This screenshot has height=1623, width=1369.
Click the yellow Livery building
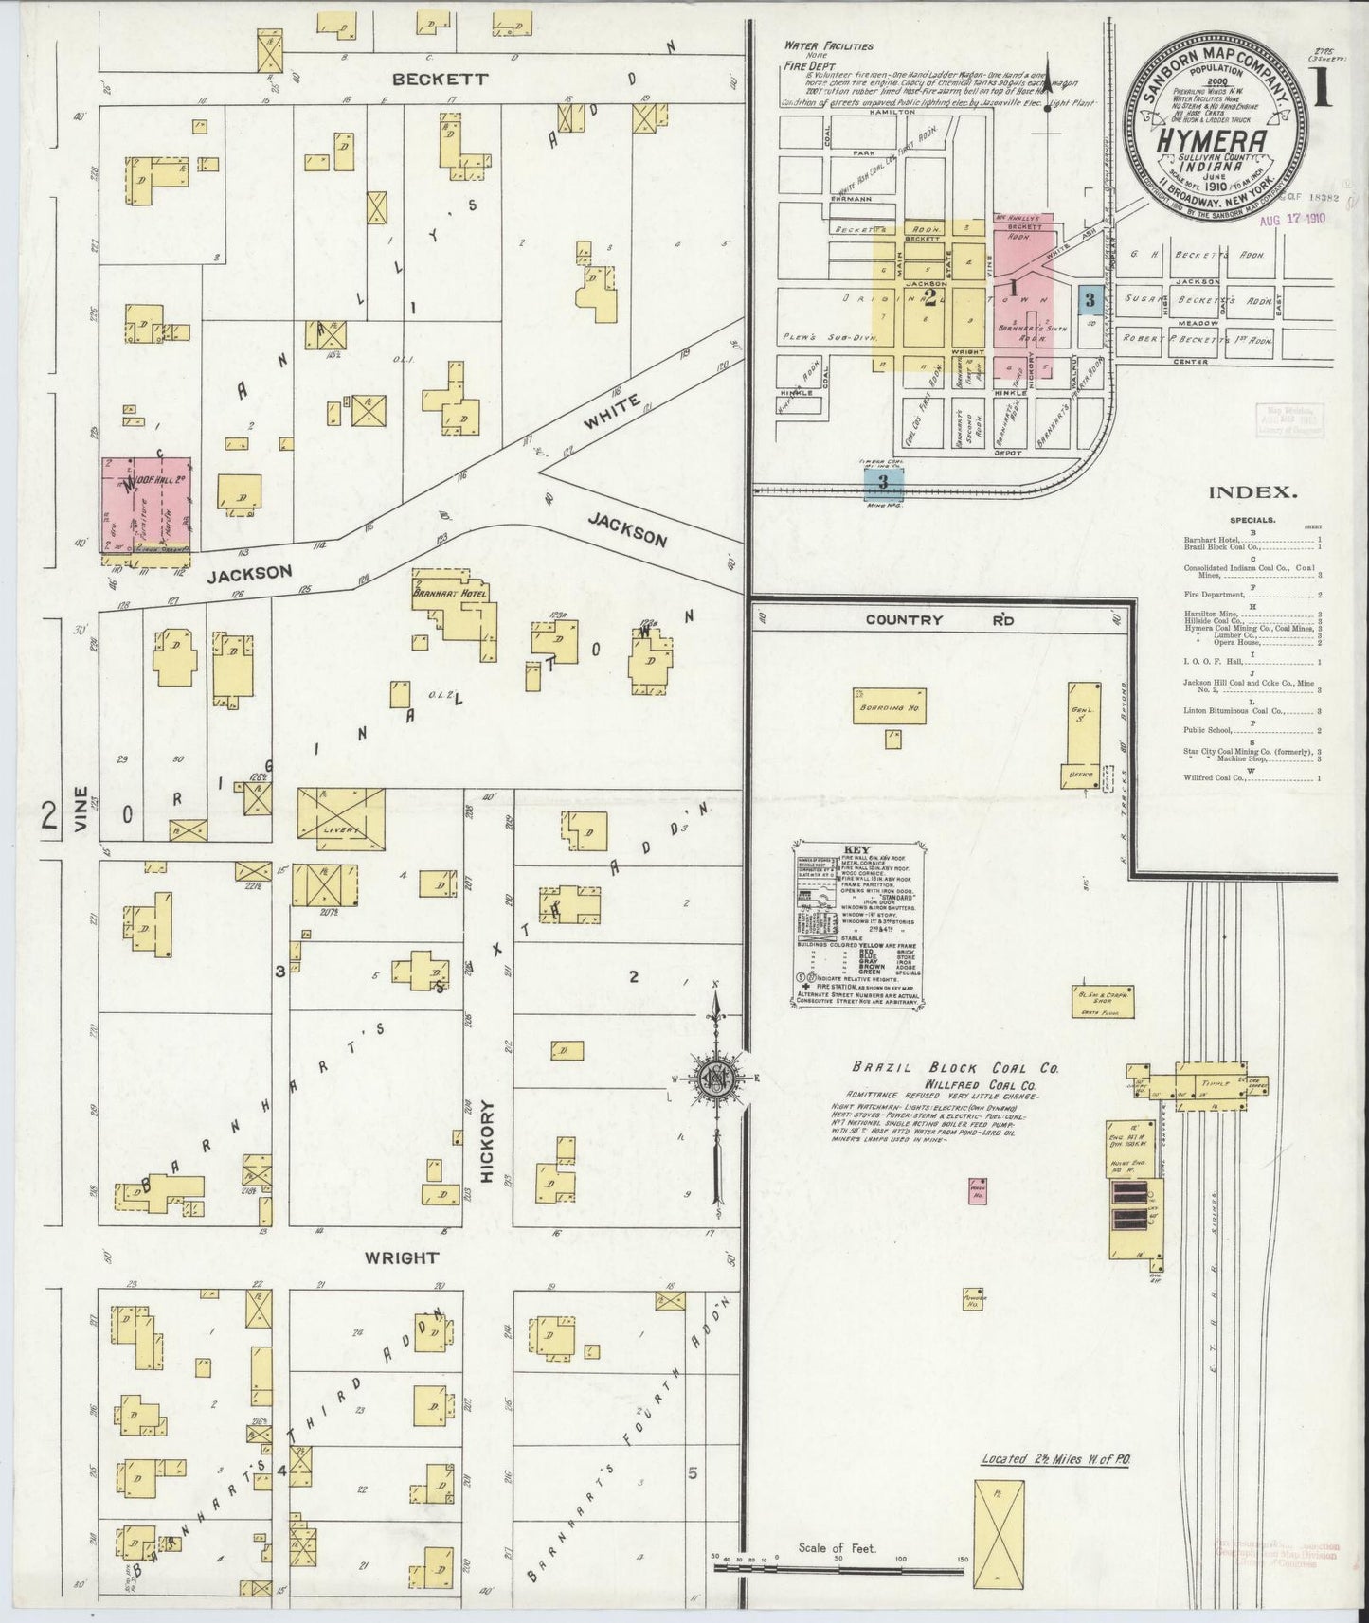point(341,811)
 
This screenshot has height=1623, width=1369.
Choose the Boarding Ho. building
point(889,705)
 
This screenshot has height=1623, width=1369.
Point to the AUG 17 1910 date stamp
point(1293,218)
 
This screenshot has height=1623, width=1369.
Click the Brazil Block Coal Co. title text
point(956,1067)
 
